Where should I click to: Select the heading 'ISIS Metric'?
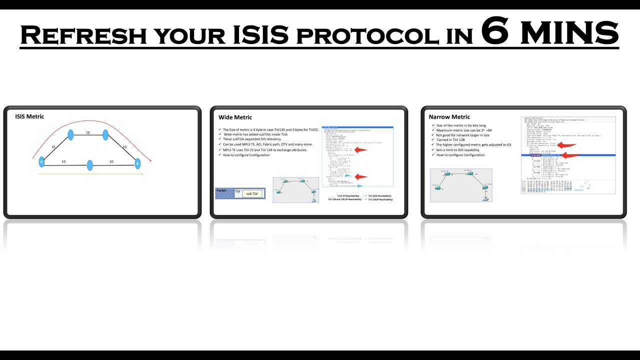point(29,116)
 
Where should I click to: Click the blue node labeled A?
point(42,161)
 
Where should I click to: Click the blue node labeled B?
point(137,163)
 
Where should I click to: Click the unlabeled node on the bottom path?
point(90,165)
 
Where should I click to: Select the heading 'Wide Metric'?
point(235,117)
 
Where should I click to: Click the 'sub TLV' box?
point(252,193)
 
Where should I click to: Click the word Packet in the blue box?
point(221,190)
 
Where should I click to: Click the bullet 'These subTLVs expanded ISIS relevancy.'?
point(252,139)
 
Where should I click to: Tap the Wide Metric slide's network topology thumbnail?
point(295,189)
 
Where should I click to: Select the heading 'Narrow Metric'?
point(449,117)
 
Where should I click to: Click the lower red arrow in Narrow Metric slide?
point(567,155)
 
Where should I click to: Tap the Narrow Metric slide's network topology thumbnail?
point(461,185)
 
